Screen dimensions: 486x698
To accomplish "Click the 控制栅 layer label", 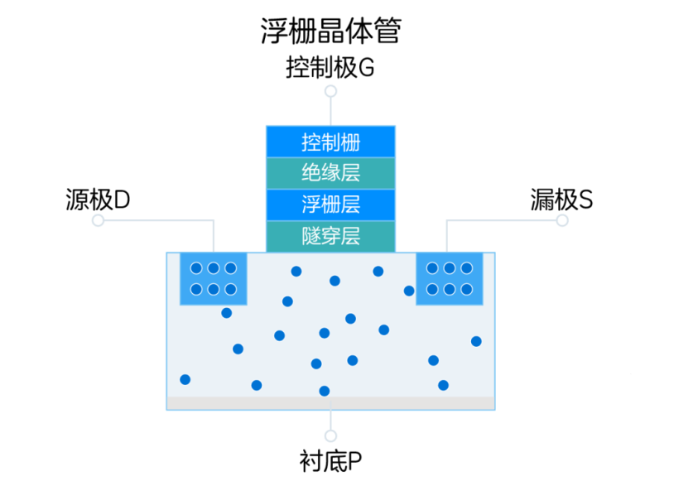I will pyautogui.click(x=330, y=142).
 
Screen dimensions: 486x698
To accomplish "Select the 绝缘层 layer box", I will pyautogui.click(x=330, y=173).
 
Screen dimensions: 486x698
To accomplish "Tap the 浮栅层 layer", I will pyautogui.click(x=330, y=205).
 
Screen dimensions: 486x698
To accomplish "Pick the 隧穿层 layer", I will pyautogui.click(x=330, y=236).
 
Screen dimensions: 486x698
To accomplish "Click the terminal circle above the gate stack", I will pyautogui.click(x=330, y=91).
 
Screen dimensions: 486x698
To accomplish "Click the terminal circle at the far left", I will pyautogui.click(x=99, y=220).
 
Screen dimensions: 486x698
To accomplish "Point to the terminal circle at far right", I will pyautogui.click(x=562, y=220).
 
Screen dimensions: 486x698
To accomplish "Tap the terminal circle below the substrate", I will pyautogui.click(x=330, y=435).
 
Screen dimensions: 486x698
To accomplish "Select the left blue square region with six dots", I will pyautogui.click(x=214, y=279).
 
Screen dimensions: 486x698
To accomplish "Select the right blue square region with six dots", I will pyautogui.click(x=449, y=279).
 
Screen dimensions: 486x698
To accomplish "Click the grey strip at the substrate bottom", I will pyautogui.click(x=330, y=403).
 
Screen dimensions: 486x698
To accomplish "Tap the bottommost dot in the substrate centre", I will pyautogui.click(x=325, y=391).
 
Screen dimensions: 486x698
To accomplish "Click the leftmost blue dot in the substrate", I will pyautogui.click(x=185, y=379).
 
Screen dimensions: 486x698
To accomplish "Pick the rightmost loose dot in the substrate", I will pyautogui.click(x=476, y=341).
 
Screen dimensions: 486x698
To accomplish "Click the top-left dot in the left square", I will pyautogui.click(x=196, y=268).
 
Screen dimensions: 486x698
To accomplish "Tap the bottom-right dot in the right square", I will pyautogui.click(x=466, y=289).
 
